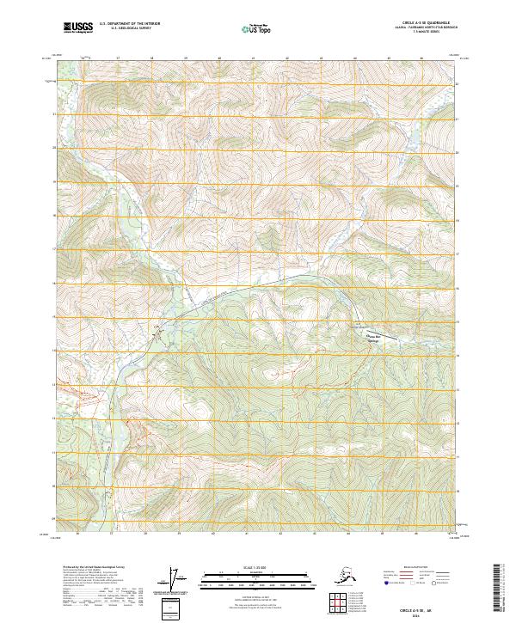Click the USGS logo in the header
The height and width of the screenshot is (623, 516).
click(x=78, y=27)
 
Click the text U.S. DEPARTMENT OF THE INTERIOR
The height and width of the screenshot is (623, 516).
click(x=128, y=24)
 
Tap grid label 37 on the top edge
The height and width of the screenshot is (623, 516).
click(x=118, y=58)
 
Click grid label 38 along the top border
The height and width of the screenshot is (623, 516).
click(x=151, y=58)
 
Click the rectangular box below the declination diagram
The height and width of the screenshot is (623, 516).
click(x=175, y=606)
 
